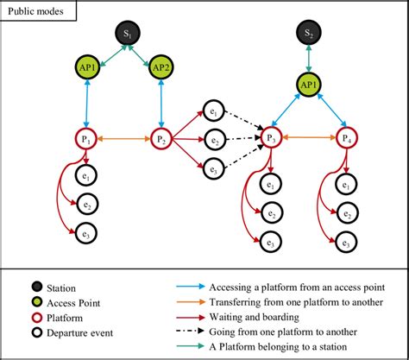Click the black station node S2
point(309,33)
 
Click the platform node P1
point(87,137)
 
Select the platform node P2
point(161,137)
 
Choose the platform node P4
point(346,137)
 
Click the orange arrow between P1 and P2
point(124,137)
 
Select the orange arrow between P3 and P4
point(309,137)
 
